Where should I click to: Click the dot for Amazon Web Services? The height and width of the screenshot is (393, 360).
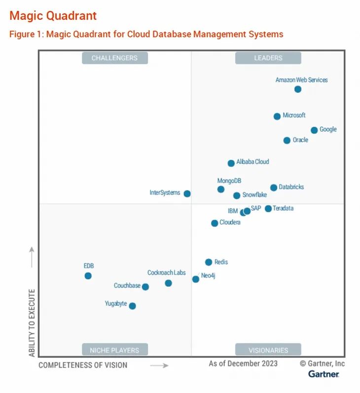[x=298, y=89]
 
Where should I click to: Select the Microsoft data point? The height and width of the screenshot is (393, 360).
[x=277, y=117]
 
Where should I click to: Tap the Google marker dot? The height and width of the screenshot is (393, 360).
[x=314, y=130]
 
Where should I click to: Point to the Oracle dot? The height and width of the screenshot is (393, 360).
[x=287, y=141]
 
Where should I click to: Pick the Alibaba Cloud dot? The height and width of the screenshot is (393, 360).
[x=231, y=163]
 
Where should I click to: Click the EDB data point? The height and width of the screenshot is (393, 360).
[x=88, y=276]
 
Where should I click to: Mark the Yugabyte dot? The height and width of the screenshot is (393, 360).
[x=132, y=306]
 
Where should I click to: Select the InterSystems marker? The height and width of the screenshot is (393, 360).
[x=187, y=194]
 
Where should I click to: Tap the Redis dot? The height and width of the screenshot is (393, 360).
[x=209, y=262]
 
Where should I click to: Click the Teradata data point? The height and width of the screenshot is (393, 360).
[x=268, y=209]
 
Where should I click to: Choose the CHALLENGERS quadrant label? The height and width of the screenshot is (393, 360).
[x=114, y=58]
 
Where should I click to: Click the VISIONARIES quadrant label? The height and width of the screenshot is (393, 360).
[x=268, y=350]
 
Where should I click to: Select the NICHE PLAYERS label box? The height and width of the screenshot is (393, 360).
[x=114, y=350]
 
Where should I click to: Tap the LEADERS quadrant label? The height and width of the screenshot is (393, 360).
[x=268, y=58]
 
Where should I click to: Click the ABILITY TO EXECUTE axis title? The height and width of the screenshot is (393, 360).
[x=32, y=323]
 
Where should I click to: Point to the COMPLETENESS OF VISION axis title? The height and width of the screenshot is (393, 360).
[x=83, y=365]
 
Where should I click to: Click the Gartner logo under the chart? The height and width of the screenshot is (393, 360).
[x=324, y=374]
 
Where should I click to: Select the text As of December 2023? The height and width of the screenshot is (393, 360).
[x=243, y=364]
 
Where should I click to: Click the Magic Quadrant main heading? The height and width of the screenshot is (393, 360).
[x=53, y=16]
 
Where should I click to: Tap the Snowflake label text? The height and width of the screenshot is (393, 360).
[x=254, y=195]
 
